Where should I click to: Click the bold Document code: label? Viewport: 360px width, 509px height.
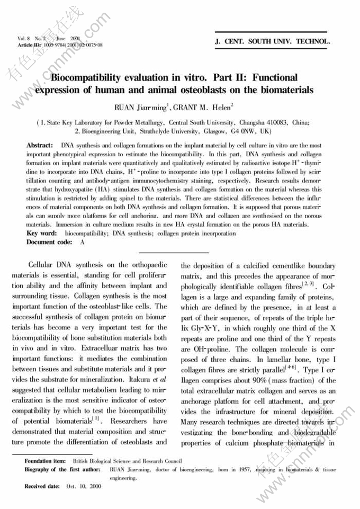point(49,242)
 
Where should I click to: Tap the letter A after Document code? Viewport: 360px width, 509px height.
point(82,242)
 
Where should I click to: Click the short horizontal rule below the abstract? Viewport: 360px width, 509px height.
point(175,253)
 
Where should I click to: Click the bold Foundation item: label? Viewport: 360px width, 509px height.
point(45,461)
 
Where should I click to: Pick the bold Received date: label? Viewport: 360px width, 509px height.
point(42,486)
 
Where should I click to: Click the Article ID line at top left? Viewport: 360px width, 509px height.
point(60,46)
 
